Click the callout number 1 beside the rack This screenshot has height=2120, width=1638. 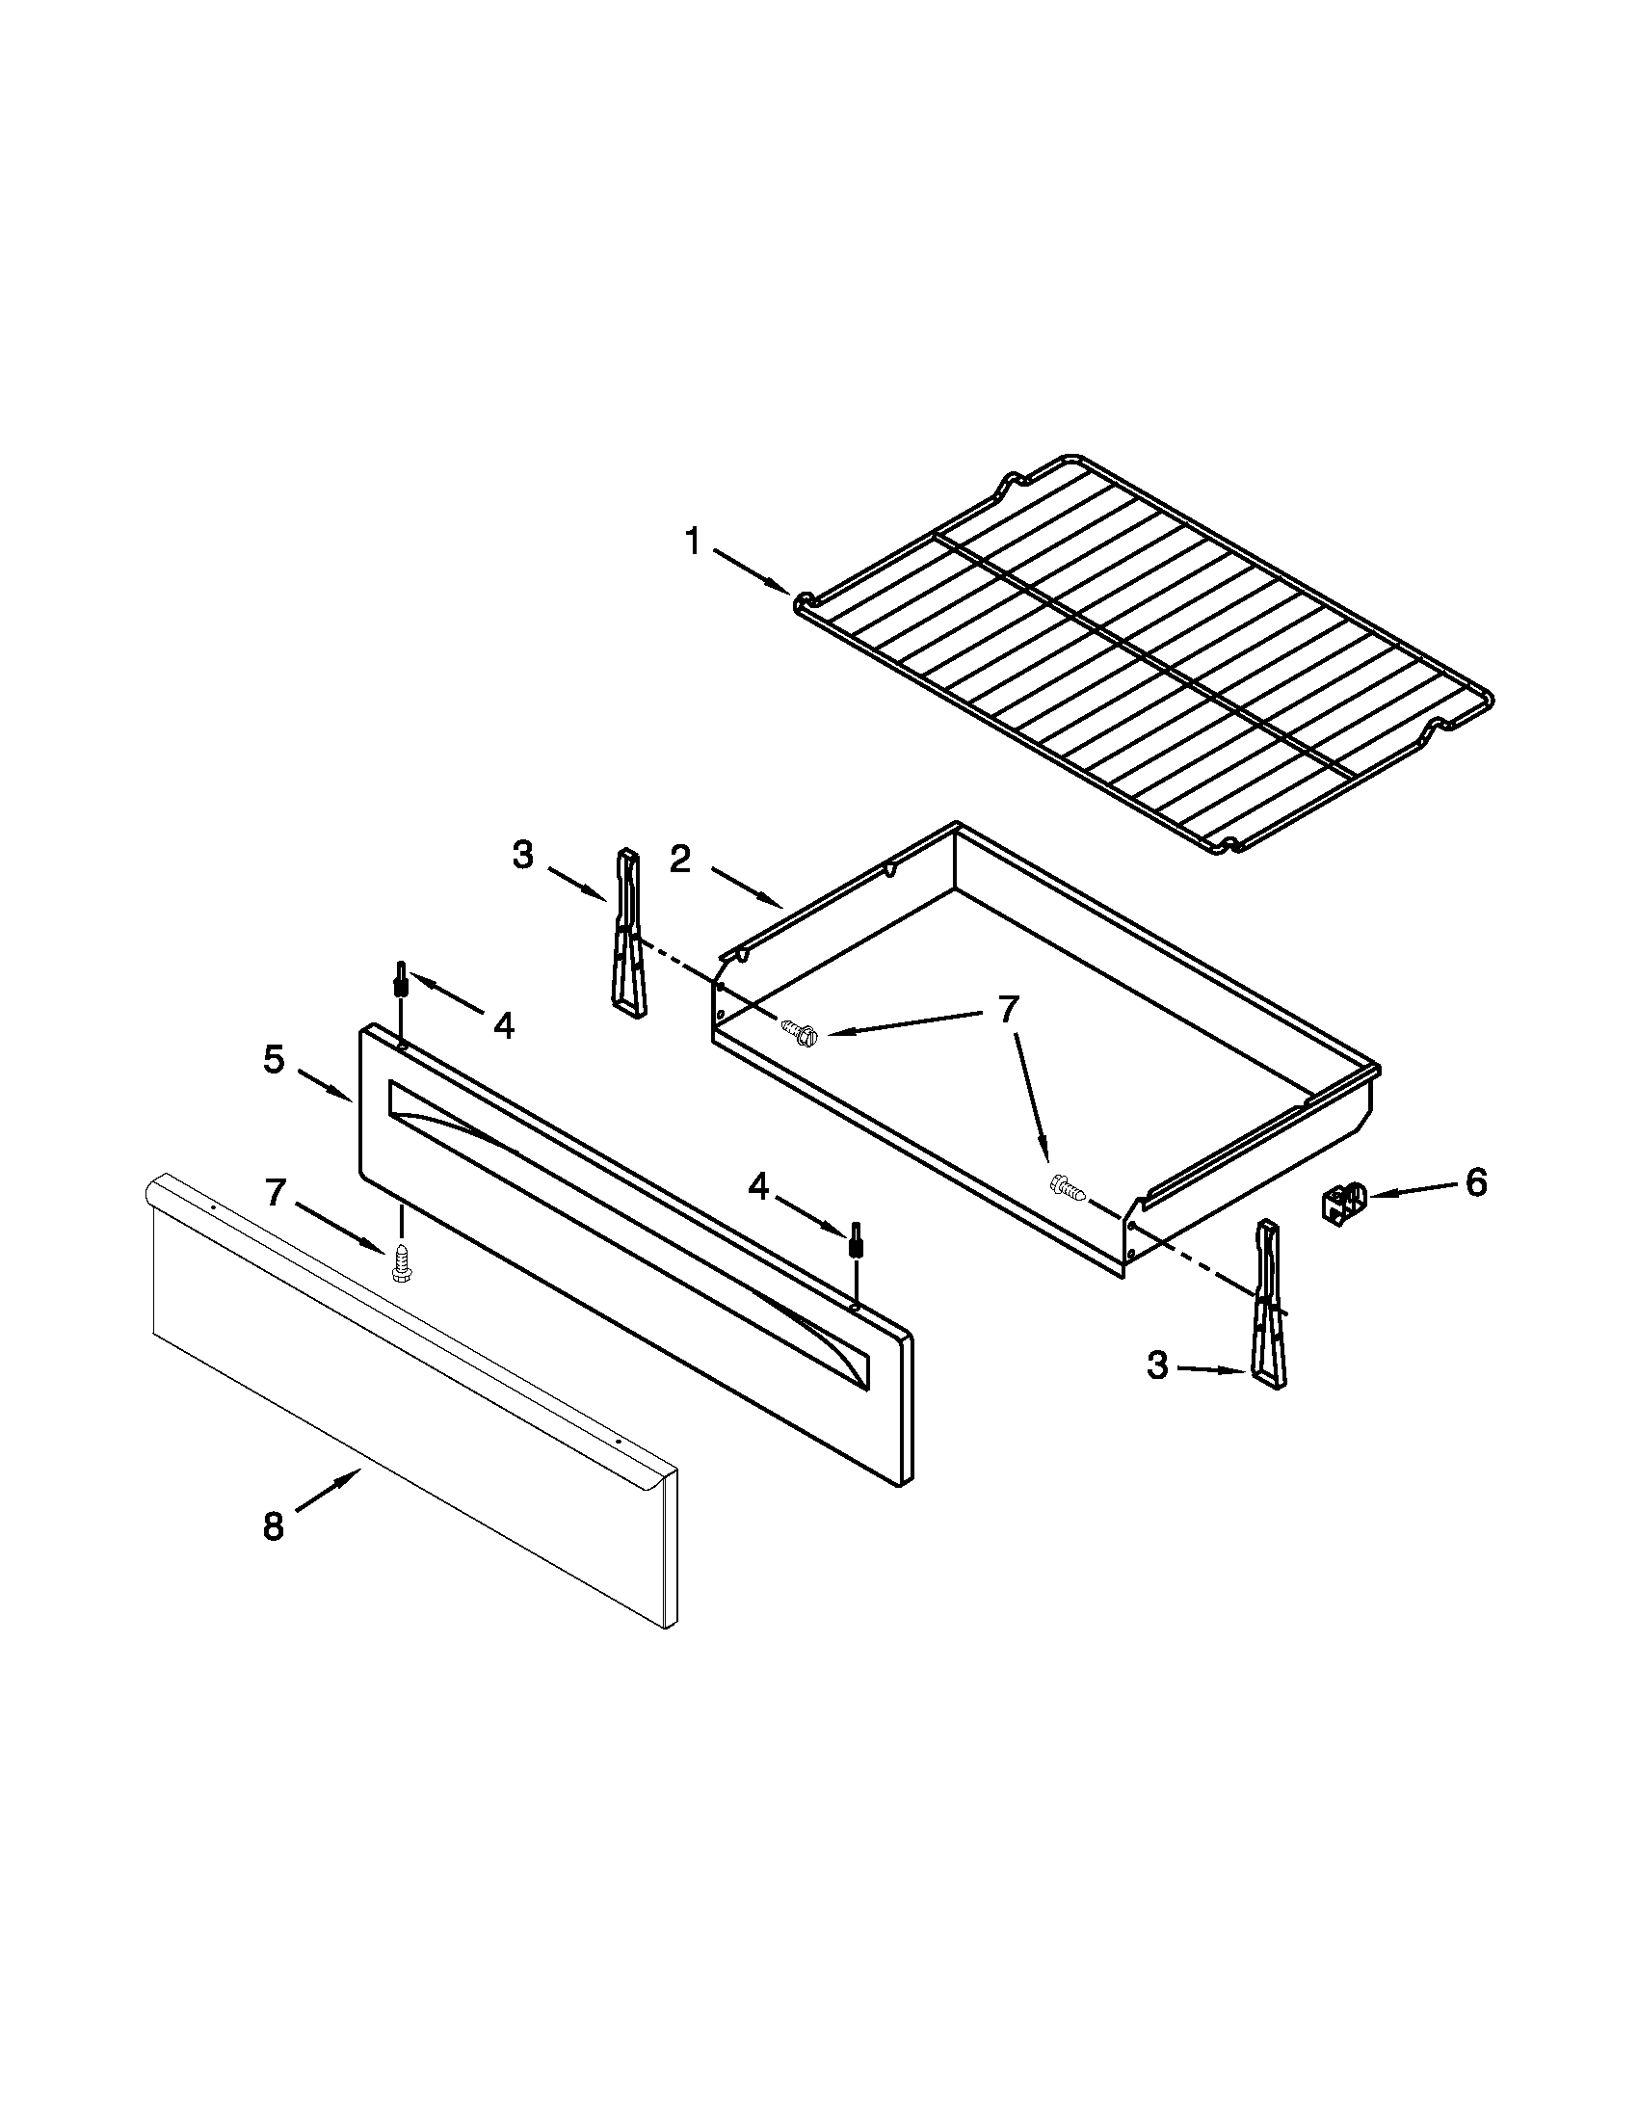[x=693, y=542]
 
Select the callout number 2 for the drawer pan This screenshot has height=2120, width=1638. [x=680, y=859]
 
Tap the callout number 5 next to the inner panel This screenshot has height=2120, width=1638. [x=274, y=1059]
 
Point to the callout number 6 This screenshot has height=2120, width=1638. [x=1475, y=1182]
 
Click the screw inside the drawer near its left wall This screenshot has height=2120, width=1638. [x=798, y=1032]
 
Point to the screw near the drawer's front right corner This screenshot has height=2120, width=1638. [x=1068, y=1186]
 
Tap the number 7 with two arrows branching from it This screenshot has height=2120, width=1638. [x=1008, y=1011]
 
